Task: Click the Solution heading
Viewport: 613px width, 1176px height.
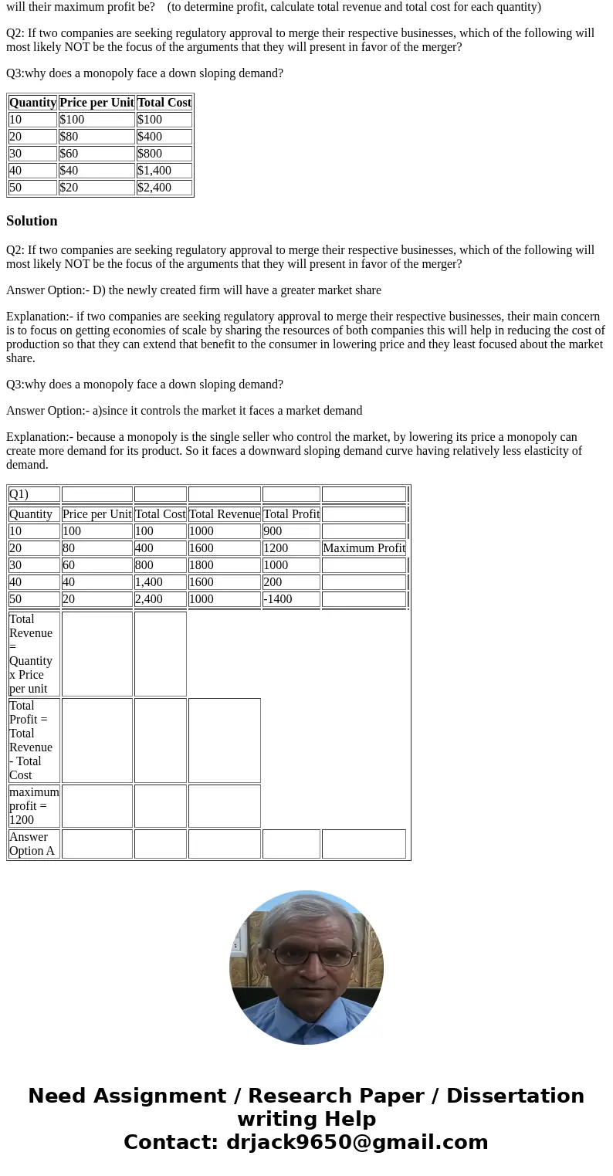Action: [32, 221]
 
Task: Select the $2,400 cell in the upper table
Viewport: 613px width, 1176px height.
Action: [164, 188]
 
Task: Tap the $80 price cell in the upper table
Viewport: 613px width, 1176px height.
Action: [96, 137]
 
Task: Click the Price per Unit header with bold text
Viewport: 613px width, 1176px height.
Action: [96, 103]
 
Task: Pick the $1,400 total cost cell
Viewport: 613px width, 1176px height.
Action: [164, 171]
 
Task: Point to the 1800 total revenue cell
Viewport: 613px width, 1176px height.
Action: [224, 565]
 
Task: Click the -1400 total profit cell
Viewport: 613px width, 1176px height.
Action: [290, 599]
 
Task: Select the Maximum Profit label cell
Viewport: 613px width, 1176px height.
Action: [364, 548]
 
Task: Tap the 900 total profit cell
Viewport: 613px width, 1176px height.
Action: [290, 531]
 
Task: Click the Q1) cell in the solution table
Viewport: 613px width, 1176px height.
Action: [34, 494]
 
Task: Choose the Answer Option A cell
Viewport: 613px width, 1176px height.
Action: [34, 844]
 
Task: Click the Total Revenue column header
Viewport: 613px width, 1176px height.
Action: [224, 514]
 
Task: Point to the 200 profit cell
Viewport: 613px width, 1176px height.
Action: [290, 582]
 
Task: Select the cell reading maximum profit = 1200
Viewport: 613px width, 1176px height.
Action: [34, 806]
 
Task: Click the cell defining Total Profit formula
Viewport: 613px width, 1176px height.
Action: [34, 741]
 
